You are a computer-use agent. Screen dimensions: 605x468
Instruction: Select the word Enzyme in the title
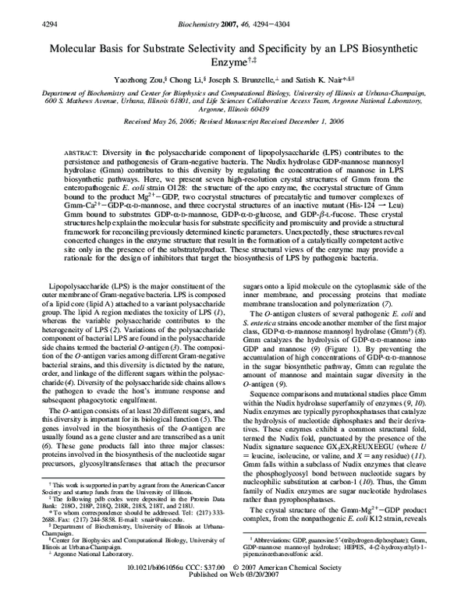point(230,62)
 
